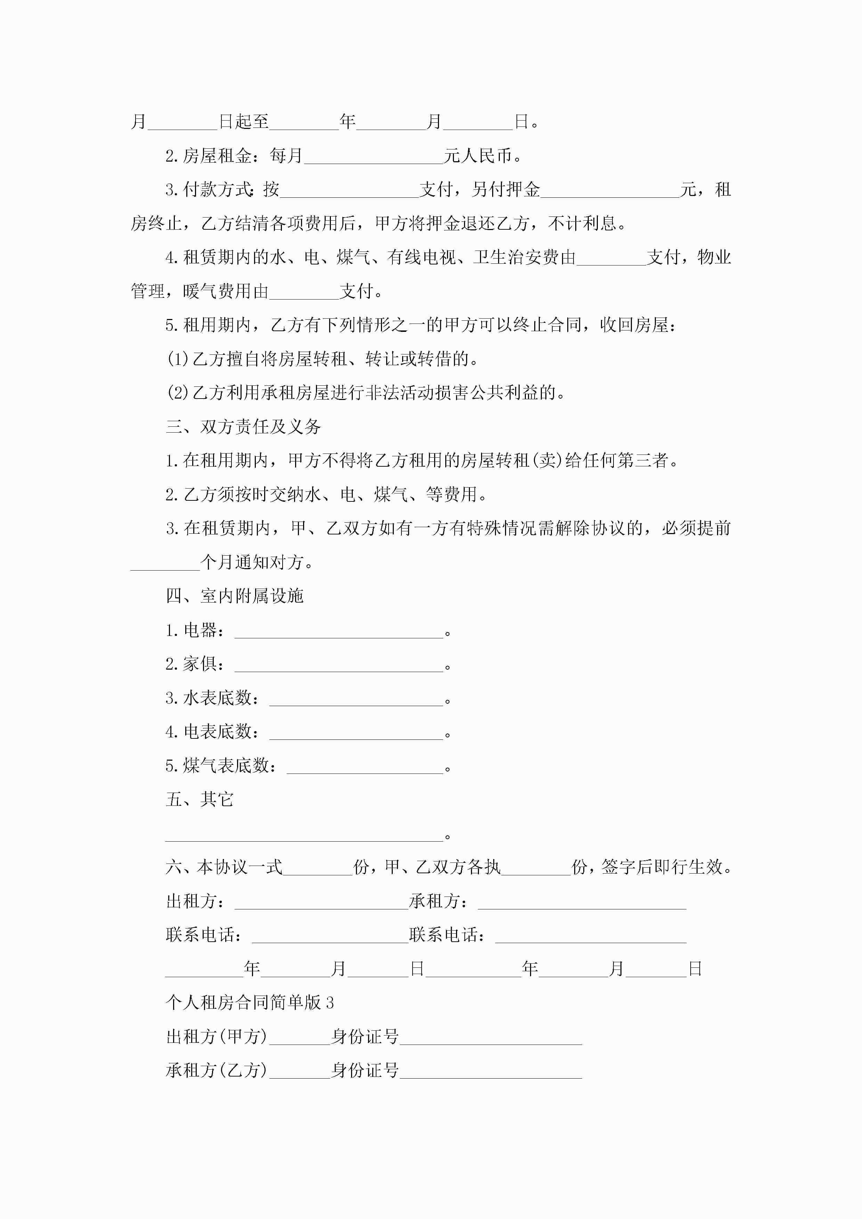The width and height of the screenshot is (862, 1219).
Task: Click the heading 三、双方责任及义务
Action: pyautogui.click(x=243, y=427)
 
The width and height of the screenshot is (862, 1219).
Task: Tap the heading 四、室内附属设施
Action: pyautogui.click(x=235, y=596)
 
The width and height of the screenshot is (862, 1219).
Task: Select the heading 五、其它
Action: pyautogui.click(x=200, y=800)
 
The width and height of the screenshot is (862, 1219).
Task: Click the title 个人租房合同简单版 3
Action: pyautogui.click(x=250, y=1003)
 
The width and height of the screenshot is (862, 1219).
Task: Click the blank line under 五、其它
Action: pyautogui.click(x=304, y=836)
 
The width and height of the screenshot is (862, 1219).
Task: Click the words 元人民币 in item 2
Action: pyautogui.click(x=478, y=156)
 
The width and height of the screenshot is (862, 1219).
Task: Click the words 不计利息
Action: pyautogui.click(x=582, y=223)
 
